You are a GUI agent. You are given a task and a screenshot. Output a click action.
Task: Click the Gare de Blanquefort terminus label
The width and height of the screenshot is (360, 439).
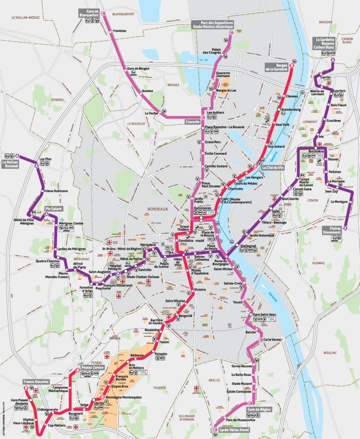90,13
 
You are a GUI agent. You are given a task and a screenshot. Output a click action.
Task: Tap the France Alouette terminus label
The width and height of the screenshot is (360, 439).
37,382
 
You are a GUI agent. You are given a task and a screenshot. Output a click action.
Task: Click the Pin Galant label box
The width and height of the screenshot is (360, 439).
54,208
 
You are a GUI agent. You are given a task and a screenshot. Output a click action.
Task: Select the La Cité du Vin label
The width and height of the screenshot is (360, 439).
273,167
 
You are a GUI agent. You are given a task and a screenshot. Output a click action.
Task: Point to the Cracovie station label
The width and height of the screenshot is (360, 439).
192,121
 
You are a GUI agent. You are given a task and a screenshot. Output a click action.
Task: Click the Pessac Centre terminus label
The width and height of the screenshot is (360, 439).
92,368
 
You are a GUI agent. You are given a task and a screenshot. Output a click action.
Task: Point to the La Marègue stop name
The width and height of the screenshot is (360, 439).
339,201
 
